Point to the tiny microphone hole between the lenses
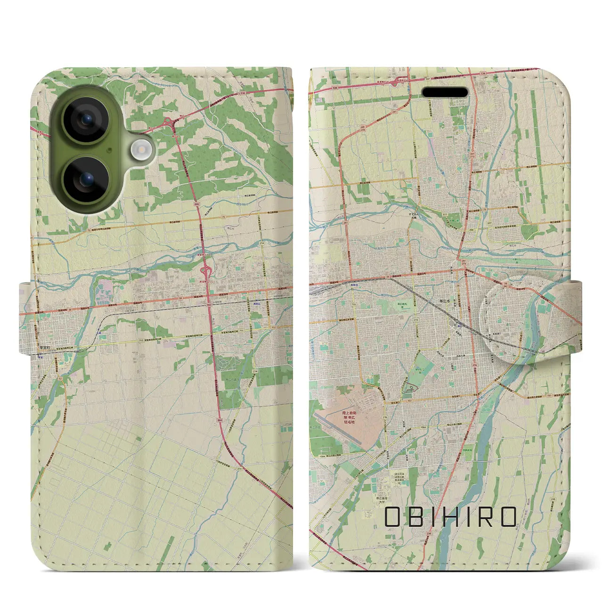click(109, 150)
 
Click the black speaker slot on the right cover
click(445, 92)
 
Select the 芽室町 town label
click(46, 343)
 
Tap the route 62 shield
click(60, 378)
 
